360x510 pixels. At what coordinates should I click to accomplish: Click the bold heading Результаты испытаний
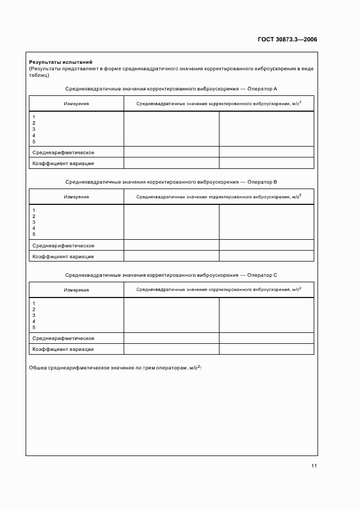[60, 63]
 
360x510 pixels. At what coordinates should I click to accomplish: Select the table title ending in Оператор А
[172, 88]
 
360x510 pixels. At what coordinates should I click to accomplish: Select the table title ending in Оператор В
[172, 182]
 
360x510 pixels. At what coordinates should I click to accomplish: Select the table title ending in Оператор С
[172, 275]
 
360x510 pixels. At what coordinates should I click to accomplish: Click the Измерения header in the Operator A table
[76, 104]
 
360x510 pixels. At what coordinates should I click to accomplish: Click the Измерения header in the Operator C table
[76, 290]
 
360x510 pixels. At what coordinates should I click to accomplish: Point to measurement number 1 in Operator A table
[34, 117]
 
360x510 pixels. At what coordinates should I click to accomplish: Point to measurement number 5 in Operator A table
[34, 141]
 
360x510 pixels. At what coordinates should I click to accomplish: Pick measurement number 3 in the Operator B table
[34, 222]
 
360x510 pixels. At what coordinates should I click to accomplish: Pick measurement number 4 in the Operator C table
[34, 321]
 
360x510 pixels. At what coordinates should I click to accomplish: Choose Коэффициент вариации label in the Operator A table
[63, 163]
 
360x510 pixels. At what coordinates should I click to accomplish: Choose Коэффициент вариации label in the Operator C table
[63, 349]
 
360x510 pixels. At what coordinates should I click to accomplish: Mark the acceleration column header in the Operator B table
[219, 197]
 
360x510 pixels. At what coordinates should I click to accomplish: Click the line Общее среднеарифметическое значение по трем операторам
[115, 369]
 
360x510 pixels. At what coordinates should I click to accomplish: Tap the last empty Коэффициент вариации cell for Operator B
[266, 256]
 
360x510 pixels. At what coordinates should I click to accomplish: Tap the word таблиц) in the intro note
[39, 75]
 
